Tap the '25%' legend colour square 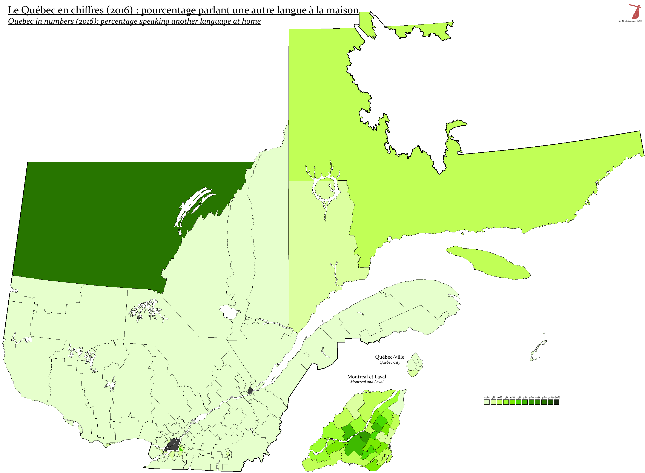click(518, 402)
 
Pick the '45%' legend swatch click(544, 402)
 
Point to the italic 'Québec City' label click(389, 362)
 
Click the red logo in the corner click(635, 11)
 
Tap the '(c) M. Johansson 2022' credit click(630, 21)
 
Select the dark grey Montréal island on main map click(172, 444)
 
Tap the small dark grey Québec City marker click(250, 390)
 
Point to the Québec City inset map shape click(415, 365)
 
